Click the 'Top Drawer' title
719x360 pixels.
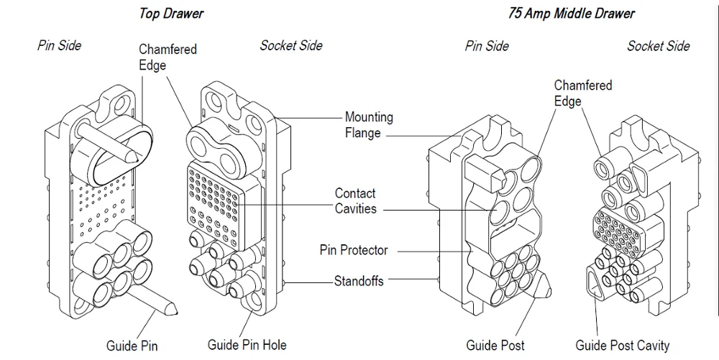tap(170, 14)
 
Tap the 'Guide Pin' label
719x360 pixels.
tap(132, 346)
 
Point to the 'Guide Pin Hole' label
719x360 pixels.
tap(247, 345)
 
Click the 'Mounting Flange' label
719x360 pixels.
tap(369, 124)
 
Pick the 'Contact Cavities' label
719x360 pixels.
tap(355, 200)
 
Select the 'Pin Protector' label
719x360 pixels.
tap(354, 251)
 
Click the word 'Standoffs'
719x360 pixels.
tap(359, 281)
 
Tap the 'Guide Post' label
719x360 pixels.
tap(495, 346)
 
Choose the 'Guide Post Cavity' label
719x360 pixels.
tap(623, 346)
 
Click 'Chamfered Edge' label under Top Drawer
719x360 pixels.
tap(168, 57)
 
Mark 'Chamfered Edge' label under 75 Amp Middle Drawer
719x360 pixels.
tap(582, 93)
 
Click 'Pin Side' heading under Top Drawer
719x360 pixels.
tap(59, 45)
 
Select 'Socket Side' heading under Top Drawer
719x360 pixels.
tap(291, 46)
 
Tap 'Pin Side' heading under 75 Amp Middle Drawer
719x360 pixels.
tap(487, 46)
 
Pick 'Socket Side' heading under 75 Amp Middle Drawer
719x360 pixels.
tap(658, 46)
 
